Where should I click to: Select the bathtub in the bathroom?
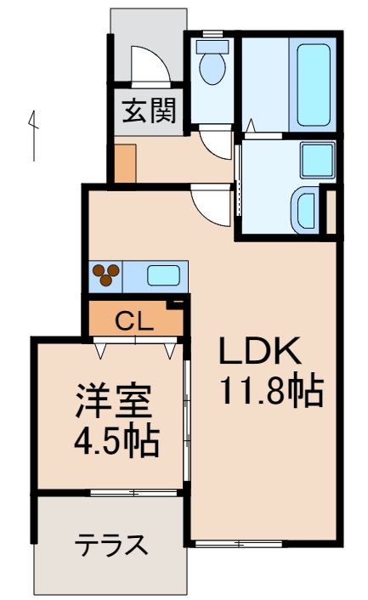314,83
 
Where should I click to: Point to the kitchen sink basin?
163,275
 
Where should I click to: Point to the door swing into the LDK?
210,202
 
